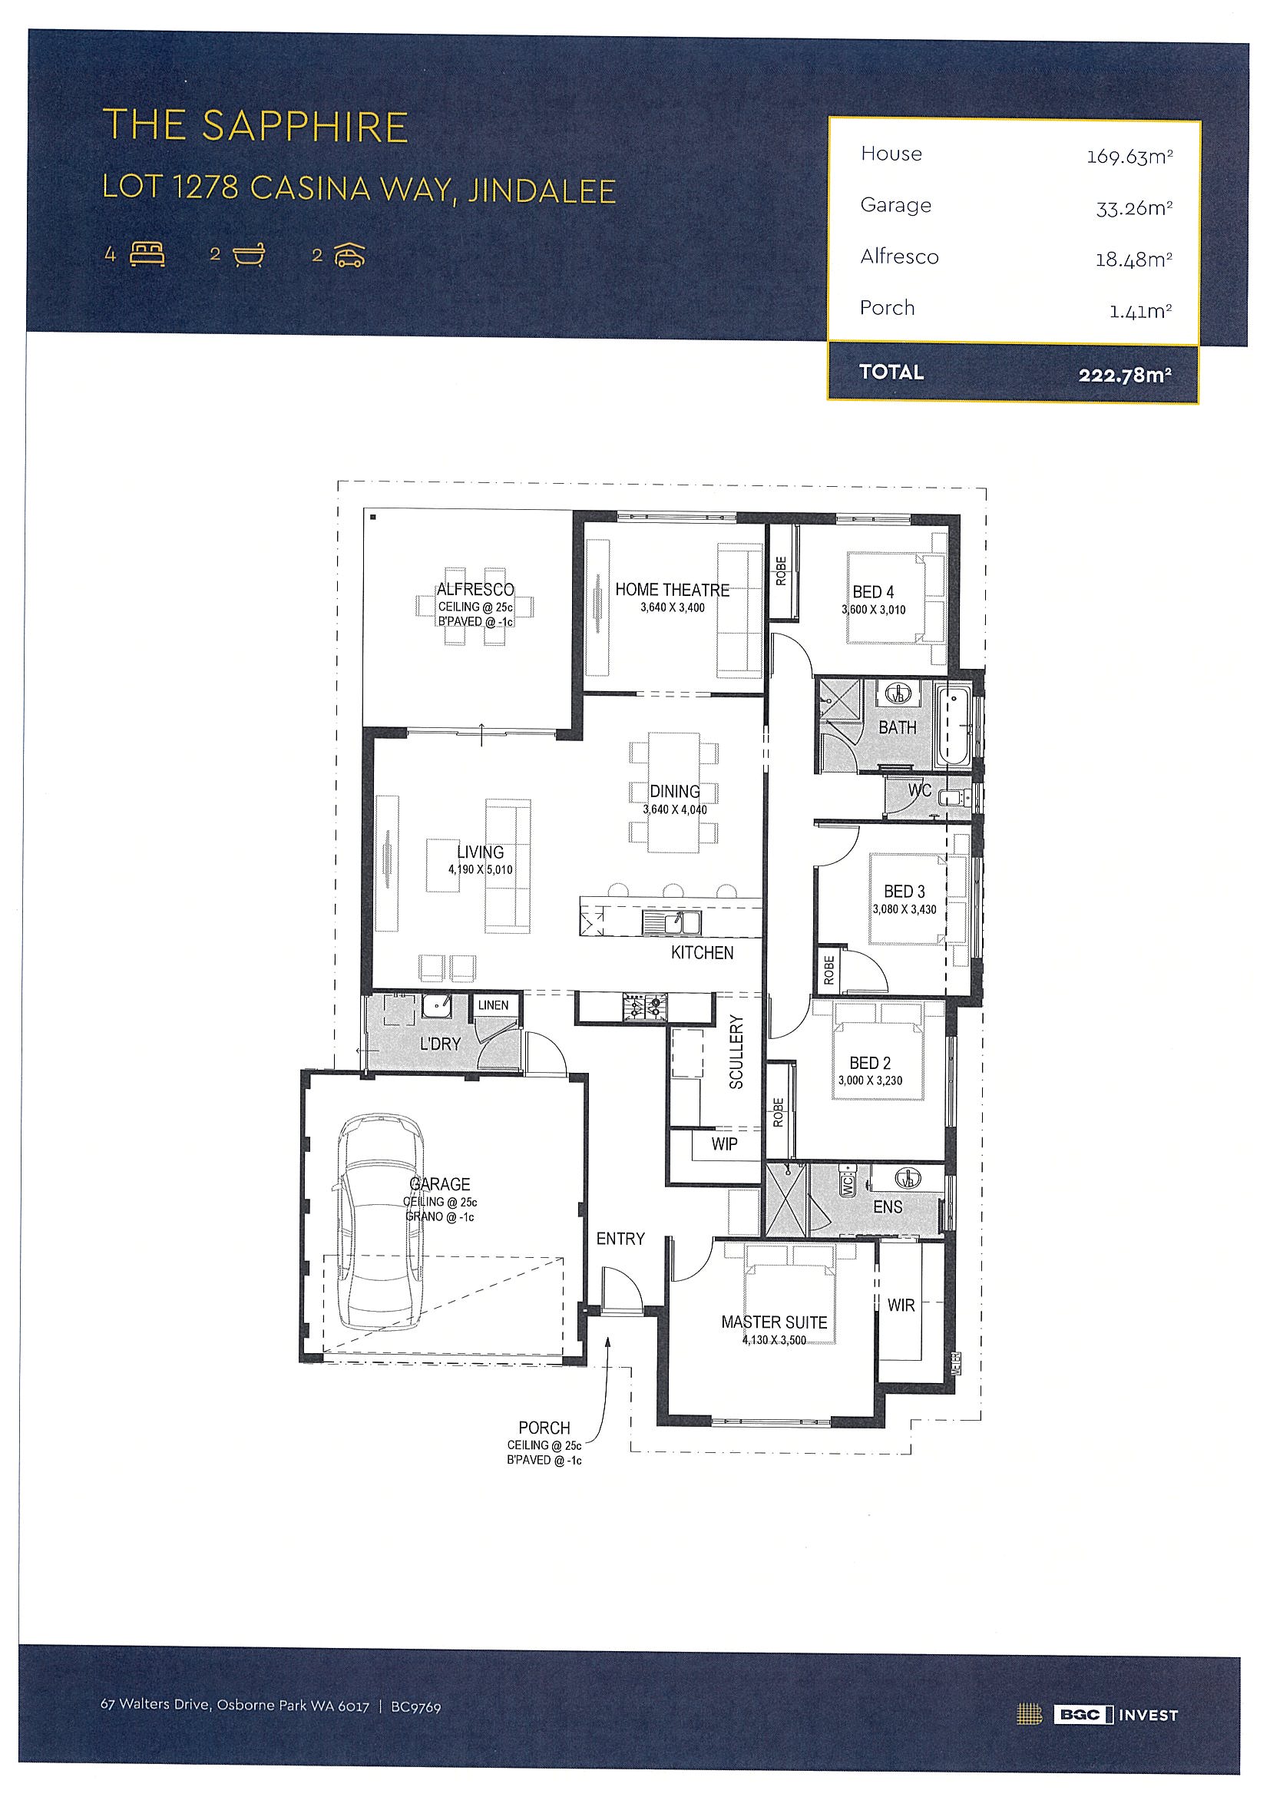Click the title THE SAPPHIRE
pos(255,126)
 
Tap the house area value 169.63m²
pos(1129,156)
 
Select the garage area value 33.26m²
pos(1134,207)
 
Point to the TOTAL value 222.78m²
pos(1124,375)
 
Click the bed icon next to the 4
pos(147,254)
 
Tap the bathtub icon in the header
pos(249,255)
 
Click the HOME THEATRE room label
pos(672,590)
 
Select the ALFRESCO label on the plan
pos(475,589)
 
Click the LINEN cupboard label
pos(493,1005)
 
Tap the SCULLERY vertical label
pos(736,1052)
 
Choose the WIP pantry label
pos(724,1143)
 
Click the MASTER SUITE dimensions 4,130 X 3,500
pos(774,1340)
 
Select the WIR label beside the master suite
pos(901,1305)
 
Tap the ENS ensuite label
pos(888,1207)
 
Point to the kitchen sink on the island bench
pos(671,922)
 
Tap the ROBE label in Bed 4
pos(781,571)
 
